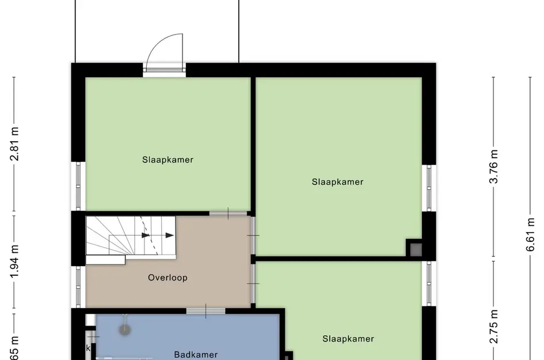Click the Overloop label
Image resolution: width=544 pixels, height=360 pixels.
[168, 278]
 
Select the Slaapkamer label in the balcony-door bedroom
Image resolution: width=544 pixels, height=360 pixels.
[168, 160]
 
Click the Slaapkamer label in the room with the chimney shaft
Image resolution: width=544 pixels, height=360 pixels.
[337, 182]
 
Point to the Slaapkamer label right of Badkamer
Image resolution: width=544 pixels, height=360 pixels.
[348, 339]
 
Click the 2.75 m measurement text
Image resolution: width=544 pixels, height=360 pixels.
[493, 327]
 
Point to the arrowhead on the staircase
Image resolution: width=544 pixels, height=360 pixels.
[169, 235]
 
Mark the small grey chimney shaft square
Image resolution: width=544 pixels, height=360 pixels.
[414, 249]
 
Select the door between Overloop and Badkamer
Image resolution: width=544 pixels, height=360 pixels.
[206, 311]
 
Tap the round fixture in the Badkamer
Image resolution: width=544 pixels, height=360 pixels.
[124, 329]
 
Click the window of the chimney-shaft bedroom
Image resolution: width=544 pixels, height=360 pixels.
[428, 188]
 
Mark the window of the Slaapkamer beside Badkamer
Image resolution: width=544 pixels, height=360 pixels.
[428, 283]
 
